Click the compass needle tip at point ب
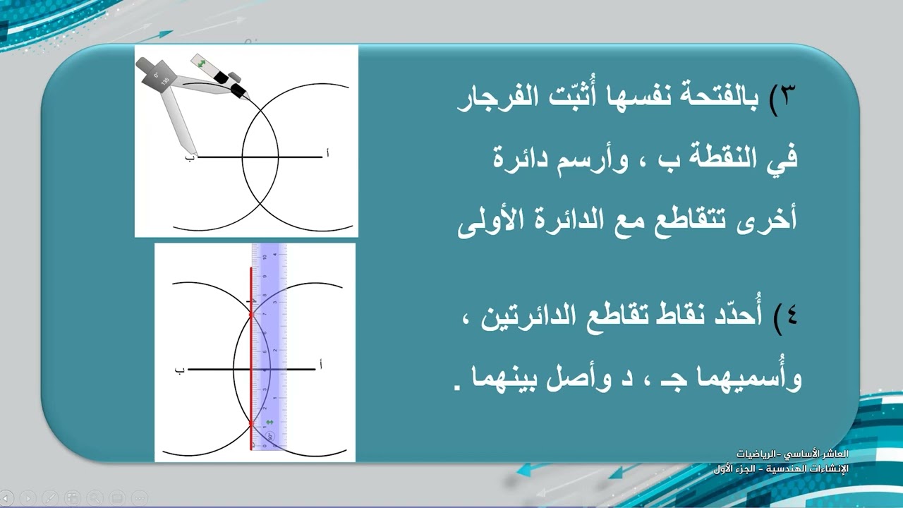pyautogui.click(x=196, y=155)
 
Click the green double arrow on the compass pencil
pyautogui.click(x=202, y=64)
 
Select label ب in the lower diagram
pyautogui.click(x=179, y=369)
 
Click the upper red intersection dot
pyautogui.click(x=252, y=315)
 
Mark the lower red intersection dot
pyautogui.click(x=252, y=423)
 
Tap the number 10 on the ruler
pyautogui.click(x=265, y=257)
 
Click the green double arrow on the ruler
pyautogui.click(x=268, y=423)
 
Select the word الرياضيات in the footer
pyautogui.click(x=754, y=453)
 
